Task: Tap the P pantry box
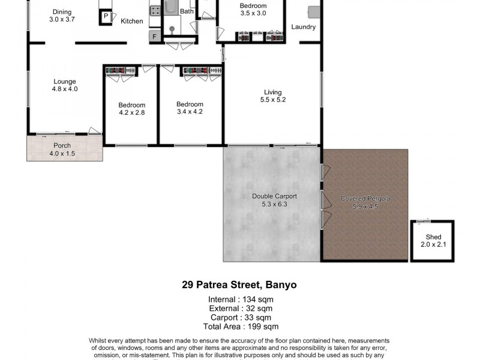[106, 17]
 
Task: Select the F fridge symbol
[154, 37]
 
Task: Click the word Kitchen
[132, 21]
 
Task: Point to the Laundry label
[303, 27]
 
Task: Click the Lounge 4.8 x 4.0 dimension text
[65, 89]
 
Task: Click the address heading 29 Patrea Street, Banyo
[239, 285]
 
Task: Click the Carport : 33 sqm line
[240, 317]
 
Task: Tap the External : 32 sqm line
[239, 308]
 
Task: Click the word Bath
[187, 11]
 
